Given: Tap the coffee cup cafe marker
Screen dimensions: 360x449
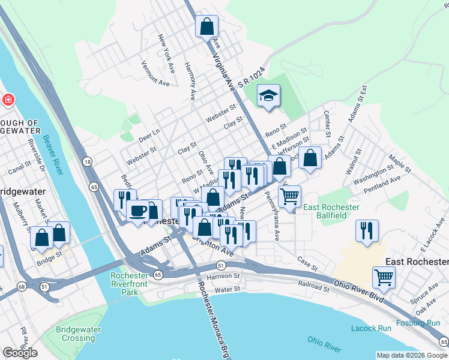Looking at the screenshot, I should coord(138,211).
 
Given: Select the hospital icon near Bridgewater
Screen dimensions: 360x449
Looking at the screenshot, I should coord(8,100).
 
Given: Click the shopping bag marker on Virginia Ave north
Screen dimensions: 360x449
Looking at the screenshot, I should coord(206,26).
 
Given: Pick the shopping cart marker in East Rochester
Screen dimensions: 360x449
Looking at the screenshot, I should coord(384,278).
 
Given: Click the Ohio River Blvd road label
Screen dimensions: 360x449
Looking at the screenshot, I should coord(358,284).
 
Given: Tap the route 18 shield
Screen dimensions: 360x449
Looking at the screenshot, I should coord(88,162).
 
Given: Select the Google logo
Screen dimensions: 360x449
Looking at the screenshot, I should coord(20,353).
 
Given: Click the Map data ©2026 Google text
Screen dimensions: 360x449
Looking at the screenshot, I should coord(411,355).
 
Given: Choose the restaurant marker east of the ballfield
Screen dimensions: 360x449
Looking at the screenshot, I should coord(366,230).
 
